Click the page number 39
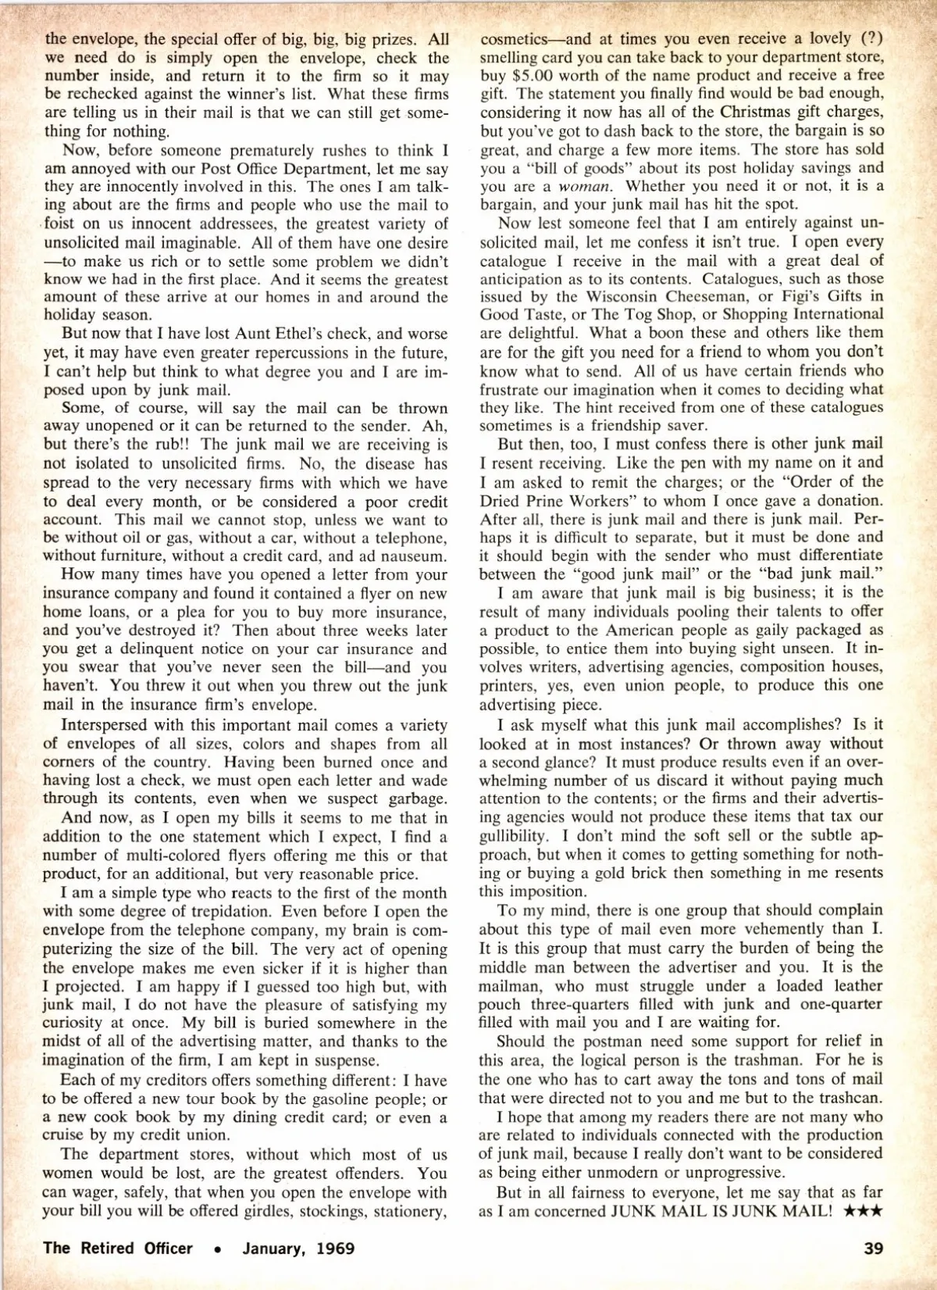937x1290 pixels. pos(874,1248)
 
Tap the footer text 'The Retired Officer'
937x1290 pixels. pos(118,1248)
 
